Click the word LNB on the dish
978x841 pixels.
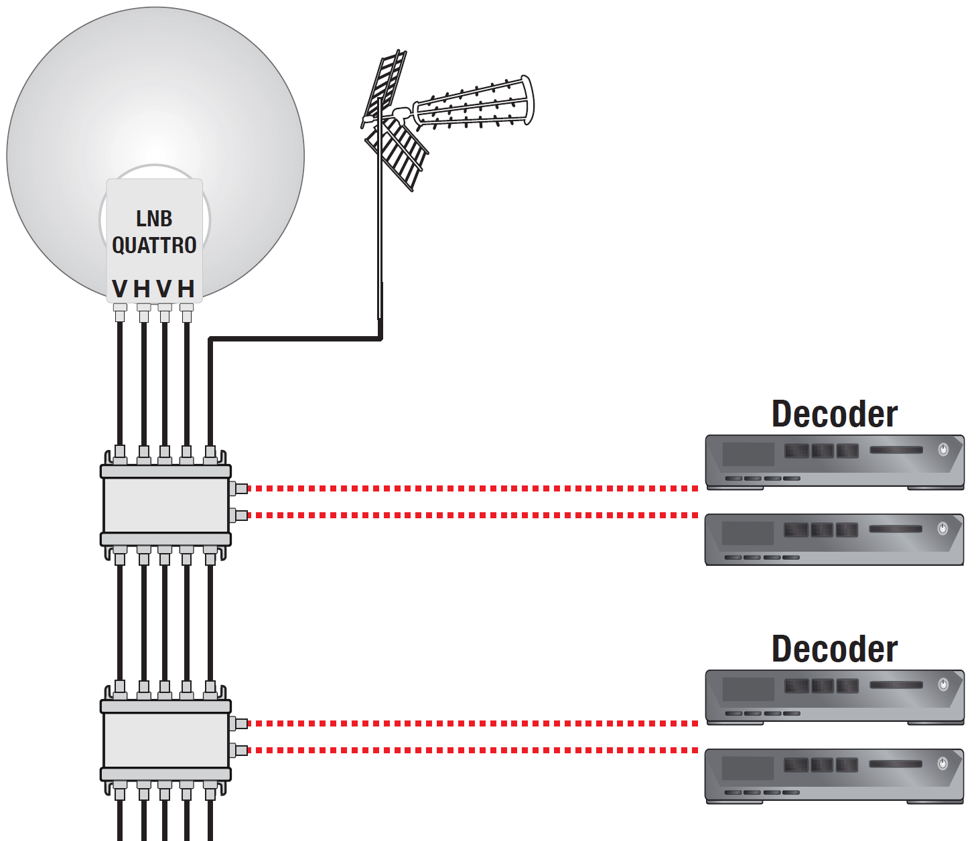click(154, 219)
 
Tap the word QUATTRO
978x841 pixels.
click(154, 246)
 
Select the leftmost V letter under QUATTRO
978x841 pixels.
click(120, 289)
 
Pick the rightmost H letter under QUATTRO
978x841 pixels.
click(186, 289)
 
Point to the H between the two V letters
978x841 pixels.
click(142, 289)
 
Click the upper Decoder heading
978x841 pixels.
click(834, 414)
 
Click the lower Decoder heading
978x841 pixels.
click(834, 649)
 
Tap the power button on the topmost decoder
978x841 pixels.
click(943, 449)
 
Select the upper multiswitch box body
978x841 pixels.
click(165, 506)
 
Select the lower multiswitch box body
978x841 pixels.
click(165, 740)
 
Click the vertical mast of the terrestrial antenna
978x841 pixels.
click(380, 234)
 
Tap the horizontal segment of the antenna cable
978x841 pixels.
click(295, 339)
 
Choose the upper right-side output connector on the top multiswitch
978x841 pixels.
click(239, 489)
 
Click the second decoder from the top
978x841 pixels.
click(834, 539)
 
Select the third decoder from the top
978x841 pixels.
click(834, 696)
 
